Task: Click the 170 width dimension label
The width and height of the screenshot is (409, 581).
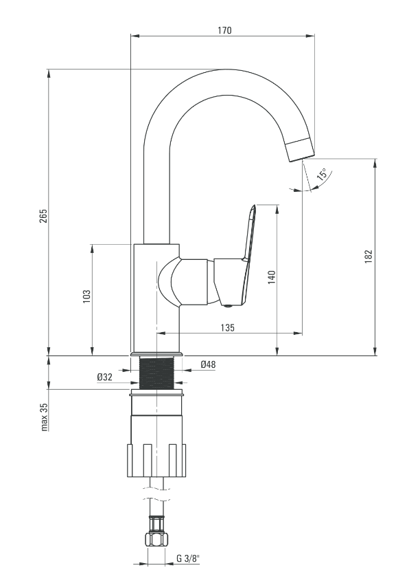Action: point(224,30)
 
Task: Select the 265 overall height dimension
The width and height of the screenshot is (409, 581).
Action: point(44,216)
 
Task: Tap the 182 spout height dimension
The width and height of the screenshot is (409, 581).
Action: point(369,256)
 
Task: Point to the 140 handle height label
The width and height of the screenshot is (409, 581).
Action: point(272,278)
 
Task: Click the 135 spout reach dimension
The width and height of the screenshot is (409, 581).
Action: point(227,327)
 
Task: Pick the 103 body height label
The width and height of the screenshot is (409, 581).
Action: point(86,297)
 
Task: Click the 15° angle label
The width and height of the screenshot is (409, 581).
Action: point(323,174)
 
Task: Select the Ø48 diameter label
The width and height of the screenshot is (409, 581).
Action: point(208,364)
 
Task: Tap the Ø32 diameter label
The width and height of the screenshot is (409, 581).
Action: point(105,377)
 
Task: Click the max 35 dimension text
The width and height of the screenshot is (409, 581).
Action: point(45,417)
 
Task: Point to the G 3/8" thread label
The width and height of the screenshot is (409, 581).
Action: point(187,559)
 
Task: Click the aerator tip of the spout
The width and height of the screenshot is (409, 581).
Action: point(301,149)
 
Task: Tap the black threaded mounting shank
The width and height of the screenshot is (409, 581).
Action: point(156,373)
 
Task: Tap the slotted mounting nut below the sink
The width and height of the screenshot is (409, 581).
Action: point(156,460)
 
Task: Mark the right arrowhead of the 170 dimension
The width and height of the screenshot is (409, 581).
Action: point(310,36)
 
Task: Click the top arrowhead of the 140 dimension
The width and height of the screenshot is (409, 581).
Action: point(277,209)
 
